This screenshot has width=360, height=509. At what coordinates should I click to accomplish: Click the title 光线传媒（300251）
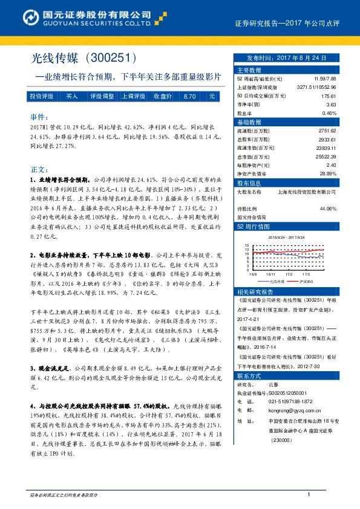[85, 59]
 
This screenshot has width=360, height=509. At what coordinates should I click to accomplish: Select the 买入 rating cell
[72, 96]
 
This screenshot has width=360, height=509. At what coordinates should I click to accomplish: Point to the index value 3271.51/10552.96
[316, 87]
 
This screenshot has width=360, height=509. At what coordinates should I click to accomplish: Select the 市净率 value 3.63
[330, 104]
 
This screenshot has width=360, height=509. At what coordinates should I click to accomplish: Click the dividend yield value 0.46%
[329, 112]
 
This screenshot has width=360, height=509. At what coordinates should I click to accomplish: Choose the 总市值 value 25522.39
[324, 156]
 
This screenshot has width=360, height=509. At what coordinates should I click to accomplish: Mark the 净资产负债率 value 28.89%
[326, 173]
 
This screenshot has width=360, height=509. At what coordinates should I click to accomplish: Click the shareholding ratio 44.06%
[327, 209]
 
